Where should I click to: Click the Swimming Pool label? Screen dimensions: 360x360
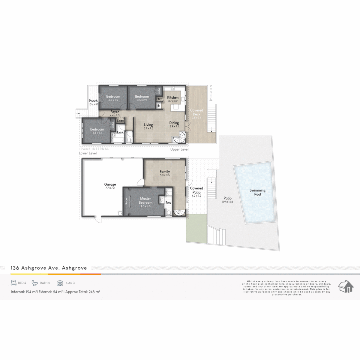(x=258, y=192)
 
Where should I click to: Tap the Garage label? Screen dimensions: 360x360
(x=110, y=186)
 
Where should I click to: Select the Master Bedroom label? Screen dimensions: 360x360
(x=146, y=201)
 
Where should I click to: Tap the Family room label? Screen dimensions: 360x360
(x=165, y=173)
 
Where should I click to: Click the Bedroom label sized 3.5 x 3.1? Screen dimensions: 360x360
(x=97, y=131)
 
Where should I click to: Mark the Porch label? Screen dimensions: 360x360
(x=93, y=103)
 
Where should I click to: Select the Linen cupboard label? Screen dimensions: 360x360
(x=120, y=121)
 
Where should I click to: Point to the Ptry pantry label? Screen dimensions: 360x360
(x=159, y=99)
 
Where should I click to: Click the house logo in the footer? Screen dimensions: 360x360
(x=346, y=286)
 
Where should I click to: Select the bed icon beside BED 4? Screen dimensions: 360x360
(x=14, y=283)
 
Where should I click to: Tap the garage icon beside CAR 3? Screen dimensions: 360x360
(x=60, y=283)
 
